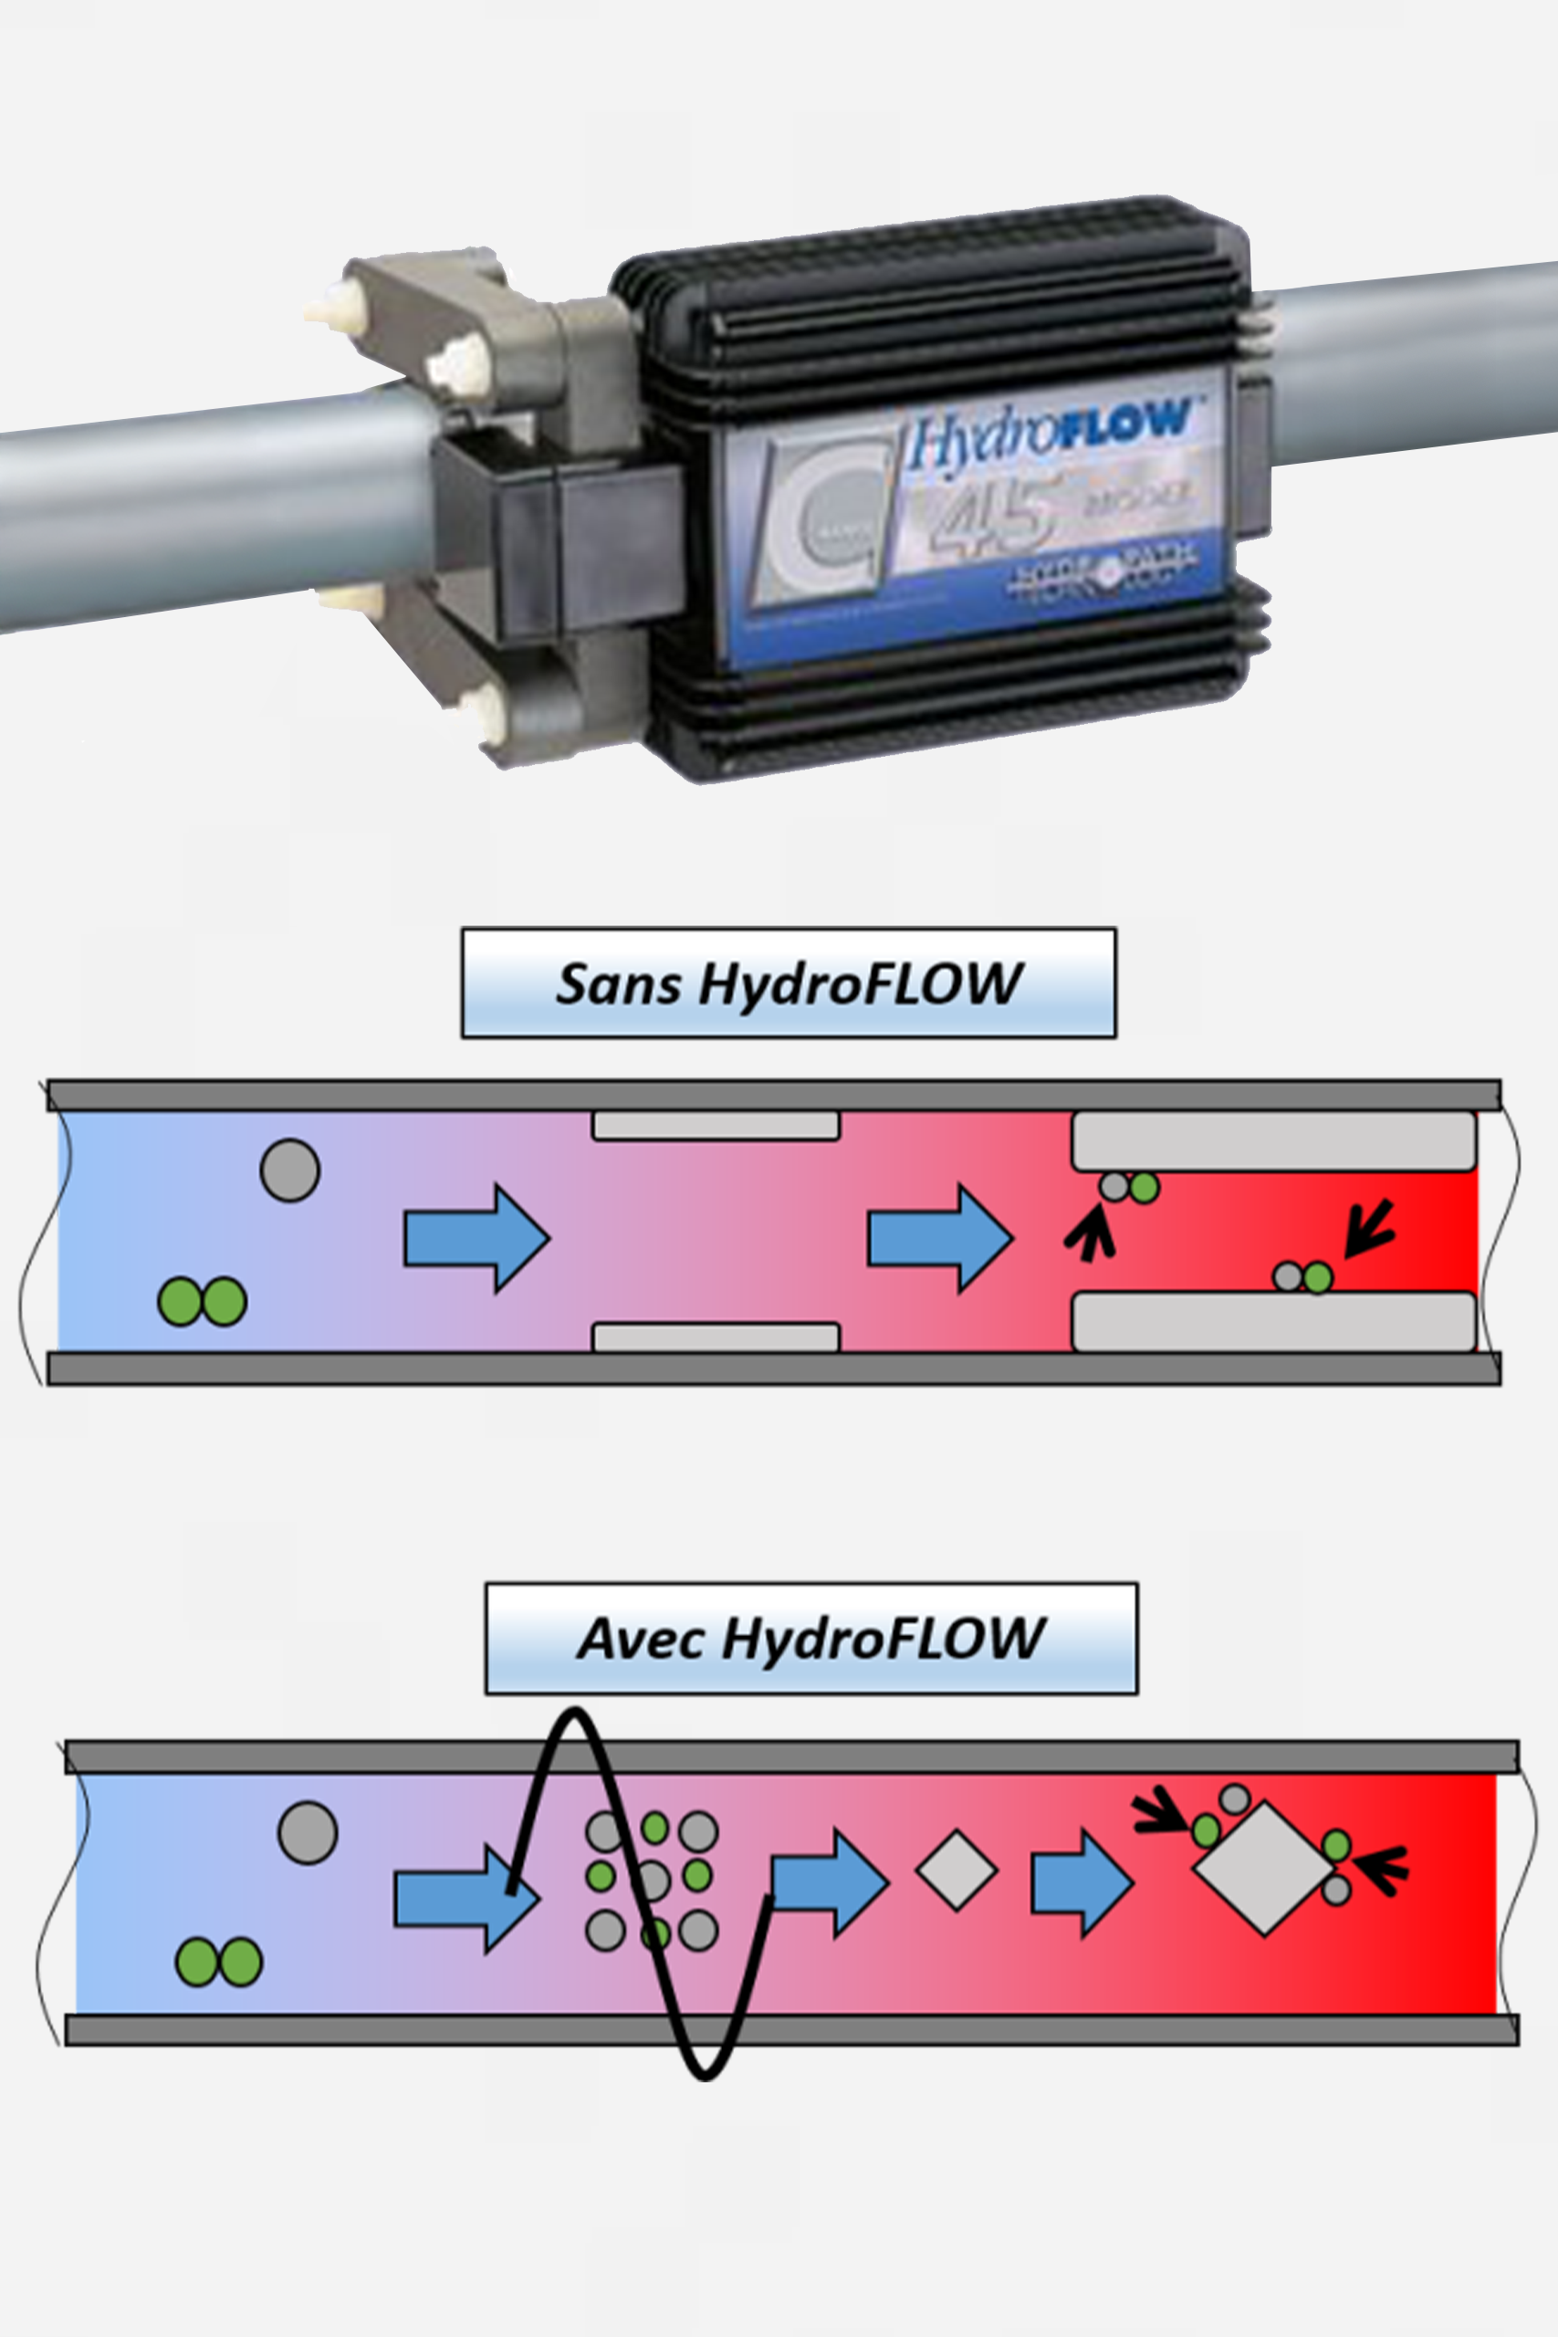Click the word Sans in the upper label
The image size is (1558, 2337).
click(618, 985)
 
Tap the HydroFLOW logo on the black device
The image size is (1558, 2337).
click(1049, 435)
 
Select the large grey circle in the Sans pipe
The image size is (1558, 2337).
click(289, 1170)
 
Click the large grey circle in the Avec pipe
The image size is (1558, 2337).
click(307, 1832)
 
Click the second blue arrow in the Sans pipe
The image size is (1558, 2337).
click(940, 1238)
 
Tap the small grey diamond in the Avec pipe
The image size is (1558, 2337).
click(956, 1869)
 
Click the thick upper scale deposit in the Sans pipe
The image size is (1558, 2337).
click(1273, 1141)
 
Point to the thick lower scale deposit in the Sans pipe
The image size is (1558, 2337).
click(1273, 1322)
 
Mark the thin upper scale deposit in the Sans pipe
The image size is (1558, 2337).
click(716, 1126)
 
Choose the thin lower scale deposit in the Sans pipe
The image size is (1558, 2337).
click(716, 1337)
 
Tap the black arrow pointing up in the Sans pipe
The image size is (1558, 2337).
click(1091, 1233)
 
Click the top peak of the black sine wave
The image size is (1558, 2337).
click(574, 1713)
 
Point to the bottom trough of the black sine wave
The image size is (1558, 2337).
click(704, 2074)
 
